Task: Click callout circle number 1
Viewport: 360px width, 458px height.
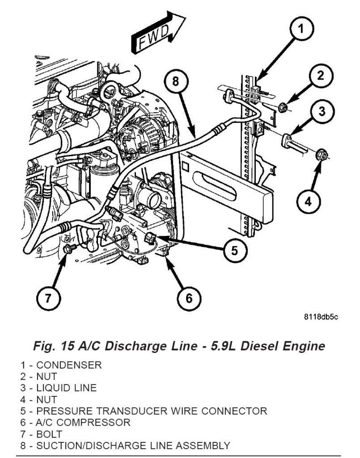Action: coord(301,29)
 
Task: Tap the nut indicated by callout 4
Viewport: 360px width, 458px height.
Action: coord(322,155)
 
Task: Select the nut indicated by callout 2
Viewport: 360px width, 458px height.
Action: coord(283,107)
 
